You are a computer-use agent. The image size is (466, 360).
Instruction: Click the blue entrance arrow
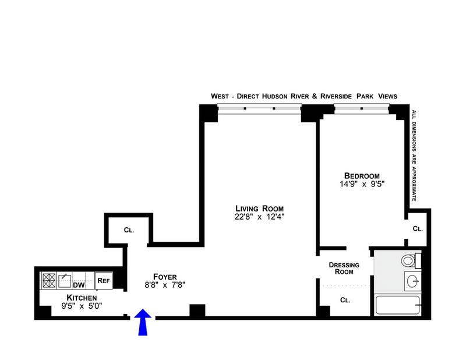click(x=143, y=322)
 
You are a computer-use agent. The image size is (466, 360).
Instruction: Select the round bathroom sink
click(x=413, y=281)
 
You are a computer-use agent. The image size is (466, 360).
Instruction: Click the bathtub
click(x=398, y=305)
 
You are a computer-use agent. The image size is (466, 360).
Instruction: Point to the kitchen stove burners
click(x=49, y=280)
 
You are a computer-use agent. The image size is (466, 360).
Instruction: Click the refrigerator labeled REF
click(x=104, y=280)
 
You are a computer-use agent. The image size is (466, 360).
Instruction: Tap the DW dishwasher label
click(x=79, y=285)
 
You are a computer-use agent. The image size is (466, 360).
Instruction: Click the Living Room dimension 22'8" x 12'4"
click(x=259, y=217)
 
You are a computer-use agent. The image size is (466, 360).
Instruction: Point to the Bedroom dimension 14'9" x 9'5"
click(x=362, y=184)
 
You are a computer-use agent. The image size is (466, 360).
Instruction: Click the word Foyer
click(x=165, y=277)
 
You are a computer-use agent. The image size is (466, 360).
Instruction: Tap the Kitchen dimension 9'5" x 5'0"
click(x=82, y=306)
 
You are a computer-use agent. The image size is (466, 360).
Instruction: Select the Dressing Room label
click(x=344, y=268)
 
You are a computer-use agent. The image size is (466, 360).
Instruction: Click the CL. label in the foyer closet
click(x=129, y=230)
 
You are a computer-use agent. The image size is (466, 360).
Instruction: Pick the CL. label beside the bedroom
click(x=418, y=228)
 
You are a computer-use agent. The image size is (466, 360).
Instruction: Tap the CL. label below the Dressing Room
click(x=345, y=300)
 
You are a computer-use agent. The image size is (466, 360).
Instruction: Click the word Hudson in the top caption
click(x=274, y=96)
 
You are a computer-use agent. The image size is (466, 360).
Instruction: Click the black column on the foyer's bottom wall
click(x=197, y=310)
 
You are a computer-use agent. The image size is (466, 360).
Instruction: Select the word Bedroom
click(x=362, y=176)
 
